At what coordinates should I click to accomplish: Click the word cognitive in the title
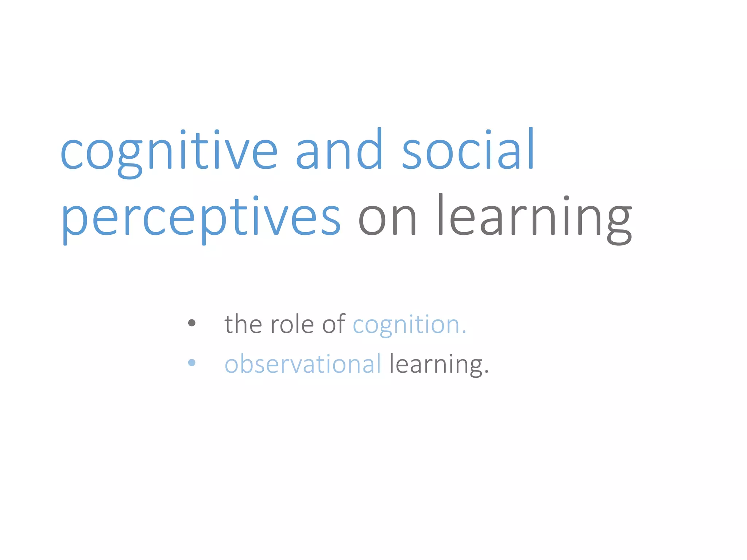click(x=169, y=151)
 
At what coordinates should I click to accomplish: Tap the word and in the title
click(x=339, y=149)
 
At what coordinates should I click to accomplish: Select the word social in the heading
click(x=468, y=149)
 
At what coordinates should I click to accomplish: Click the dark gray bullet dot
click(x=192, y=323)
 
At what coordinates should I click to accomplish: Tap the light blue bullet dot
click(x=192, y=362)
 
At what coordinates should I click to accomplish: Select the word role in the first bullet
click(x=292, y=324)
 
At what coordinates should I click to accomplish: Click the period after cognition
click(x=464, y=332)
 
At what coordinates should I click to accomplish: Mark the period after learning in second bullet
click(x=487, y=373)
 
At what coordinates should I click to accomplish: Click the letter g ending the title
click(x=619, y=222)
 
